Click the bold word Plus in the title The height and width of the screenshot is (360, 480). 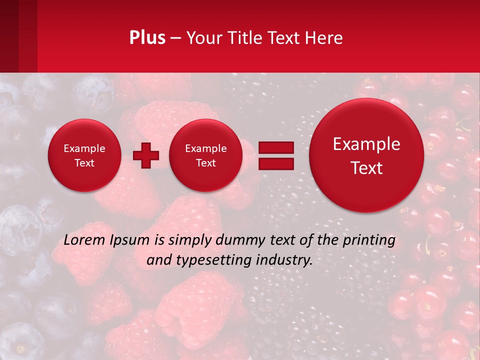click(147, 38)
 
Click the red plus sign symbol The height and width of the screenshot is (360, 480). click(146, 155)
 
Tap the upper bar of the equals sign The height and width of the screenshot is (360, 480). click(276, 147)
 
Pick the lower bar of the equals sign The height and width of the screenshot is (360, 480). click(276, 163)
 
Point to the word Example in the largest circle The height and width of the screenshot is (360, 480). click(366, 144)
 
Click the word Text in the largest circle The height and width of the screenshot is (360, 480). click(366, 168)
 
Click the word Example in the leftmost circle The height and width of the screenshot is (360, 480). click(84, 148)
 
